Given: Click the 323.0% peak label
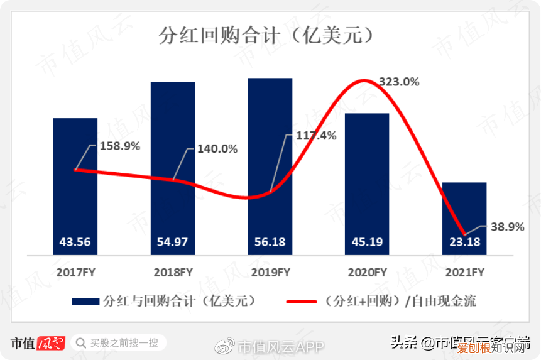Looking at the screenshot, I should coord(399,82).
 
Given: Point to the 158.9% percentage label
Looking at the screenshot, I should coord(120,146).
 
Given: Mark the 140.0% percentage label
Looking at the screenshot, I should coord(217,149).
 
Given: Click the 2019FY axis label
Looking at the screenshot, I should coord(270,273).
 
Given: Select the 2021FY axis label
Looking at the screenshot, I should coord(464,273).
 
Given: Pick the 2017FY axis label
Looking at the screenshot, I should coord(75,273).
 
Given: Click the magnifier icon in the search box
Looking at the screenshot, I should coord(80,342).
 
